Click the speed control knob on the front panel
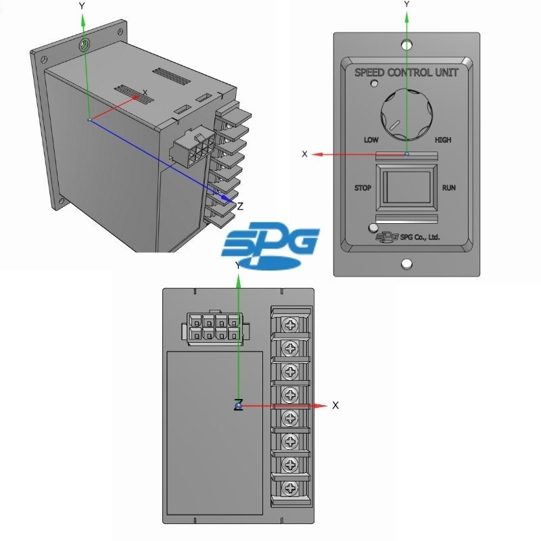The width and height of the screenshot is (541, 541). [406, 114]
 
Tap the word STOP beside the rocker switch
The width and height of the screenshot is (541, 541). [362, 188]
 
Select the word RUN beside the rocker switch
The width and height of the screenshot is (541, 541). [449, 188]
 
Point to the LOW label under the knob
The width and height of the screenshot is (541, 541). [371, 140]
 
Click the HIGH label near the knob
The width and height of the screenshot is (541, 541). [443, 140]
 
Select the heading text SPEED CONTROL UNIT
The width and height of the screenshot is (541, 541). [406, 72]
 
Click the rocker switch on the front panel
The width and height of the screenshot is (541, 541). [406, 187]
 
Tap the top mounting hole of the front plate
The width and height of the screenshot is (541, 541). [407, 45]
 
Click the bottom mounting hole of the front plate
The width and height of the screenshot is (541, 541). [407, 264]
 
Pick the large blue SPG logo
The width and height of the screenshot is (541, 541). [270, 245]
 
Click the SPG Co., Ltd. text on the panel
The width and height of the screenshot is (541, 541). [420, 237]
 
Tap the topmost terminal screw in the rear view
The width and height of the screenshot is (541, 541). [290, 325]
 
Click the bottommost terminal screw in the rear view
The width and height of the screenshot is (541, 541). [290, 488]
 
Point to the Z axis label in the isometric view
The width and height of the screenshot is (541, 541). [240, 206]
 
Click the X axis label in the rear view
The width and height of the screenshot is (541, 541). [335, 405]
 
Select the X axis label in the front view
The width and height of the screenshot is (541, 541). [304, 154]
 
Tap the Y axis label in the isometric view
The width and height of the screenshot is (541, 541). [82, 6]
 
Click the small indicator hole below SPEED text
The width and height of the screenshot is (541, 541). [374, 83]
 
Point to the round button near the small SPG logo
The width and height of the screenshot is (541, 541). [373, 228]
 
